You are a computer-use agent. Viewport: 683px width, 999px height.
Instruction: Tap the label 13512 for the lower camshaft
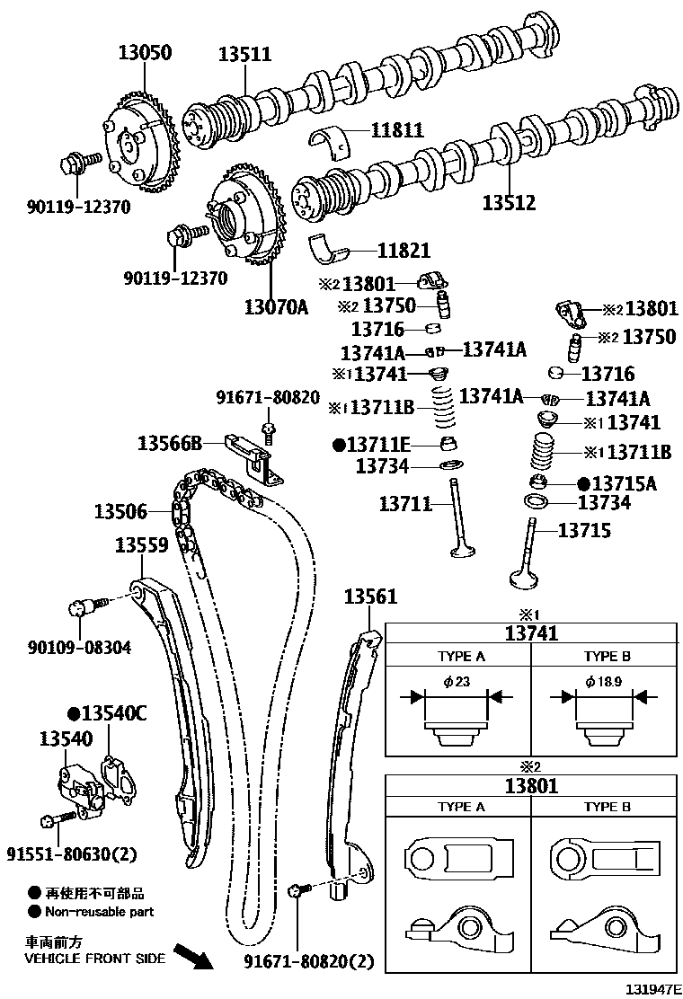[509, 203]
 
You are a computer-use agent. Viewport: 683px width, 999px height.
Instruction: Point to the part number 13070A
[276, 308]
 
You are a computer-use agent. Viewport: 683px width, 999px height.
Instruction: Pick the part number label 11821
[403, 252]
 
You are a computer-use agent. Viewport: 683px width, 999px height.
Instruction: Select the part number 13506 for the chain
[120, 512]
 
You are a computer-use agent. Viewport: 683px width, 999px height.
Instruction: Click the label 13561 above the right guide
[369, 597]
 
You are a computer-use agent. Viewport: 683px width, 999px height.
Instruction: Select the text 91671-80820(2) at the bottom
[308, 961]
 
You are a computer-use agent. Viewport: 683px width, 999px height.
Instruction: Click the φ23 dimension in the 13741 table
[457, 682]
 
